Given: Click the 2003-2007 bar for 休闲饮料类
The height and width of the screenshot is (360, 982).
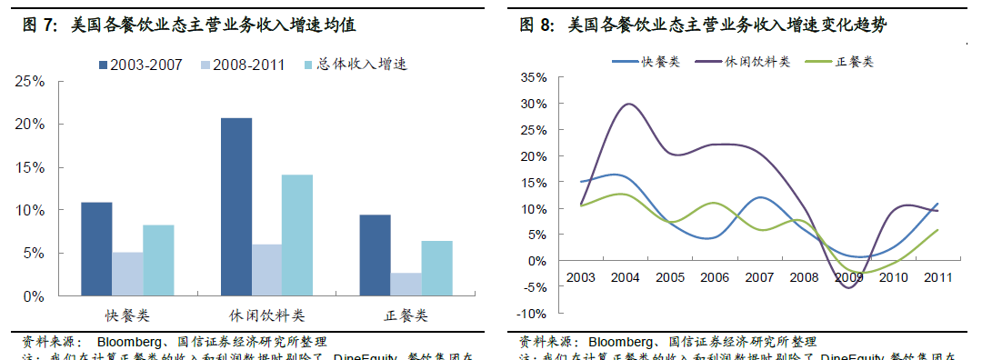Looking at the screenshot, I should coord(236,206).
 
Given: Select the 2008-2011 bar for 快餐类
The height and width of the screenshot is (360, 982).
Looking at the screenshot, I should coord(127,274).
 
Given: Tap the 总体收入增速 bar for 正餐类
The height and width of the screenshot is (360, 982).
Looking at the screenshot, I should coord(436,268).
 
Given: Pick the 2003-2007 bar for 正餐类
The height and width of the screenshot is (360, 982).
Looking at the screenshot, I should coord(375,255).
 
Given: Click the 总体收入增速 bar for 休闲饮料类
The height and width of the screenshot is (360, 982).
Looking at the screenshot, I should coord(297,235).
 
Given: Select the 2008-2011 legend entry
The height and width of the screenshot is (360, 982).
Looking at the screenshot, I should coord(244,65).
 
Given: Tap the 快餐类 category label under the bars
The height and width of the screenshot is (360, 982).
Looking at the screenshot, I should coord(127,315).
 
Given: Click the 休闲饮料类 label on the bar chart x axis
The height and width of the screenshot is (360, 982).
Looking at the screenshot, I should coord(267,315).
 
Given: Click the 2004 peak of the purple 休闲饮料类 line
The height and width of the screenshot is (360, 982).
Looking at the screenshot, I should coord(628,104).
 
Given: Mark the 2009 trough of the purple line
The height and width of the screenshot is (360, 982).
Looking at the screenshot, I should coord(848,287).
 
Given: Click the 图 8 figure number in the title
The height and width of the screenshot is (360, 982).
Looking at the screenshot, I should coord(536,26).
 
